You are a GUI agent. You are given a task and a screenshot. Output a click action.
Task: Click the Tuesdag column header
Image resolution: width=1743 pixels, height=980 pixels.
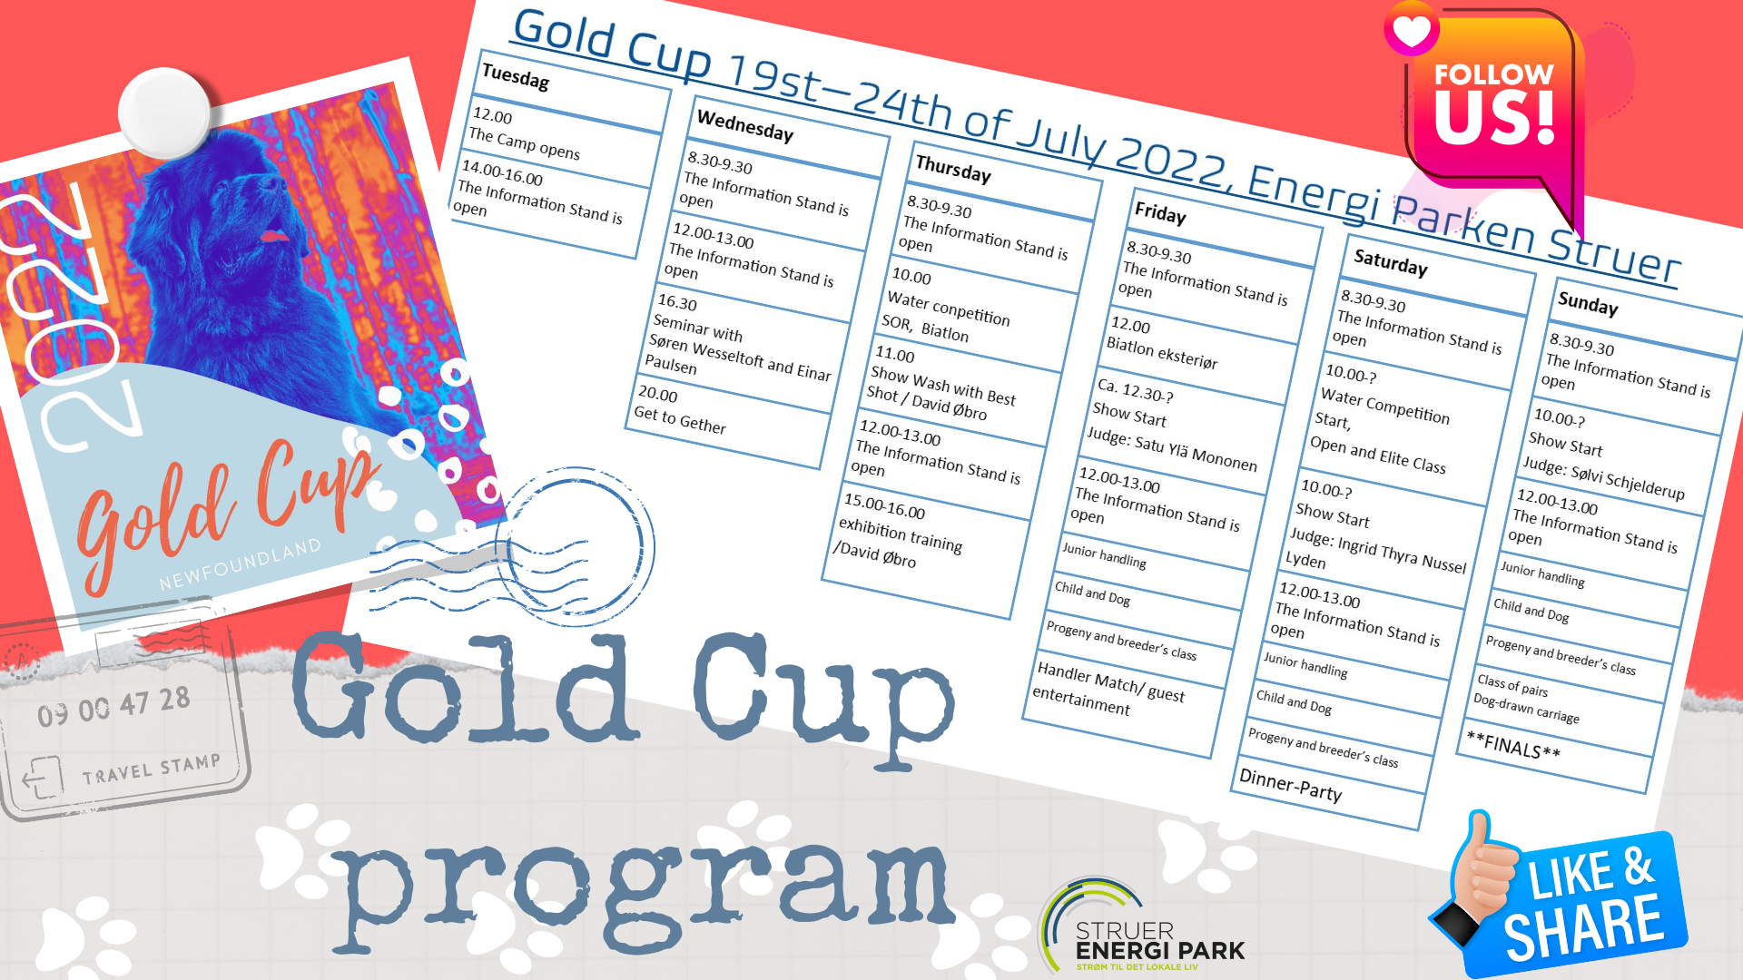pos(516,77)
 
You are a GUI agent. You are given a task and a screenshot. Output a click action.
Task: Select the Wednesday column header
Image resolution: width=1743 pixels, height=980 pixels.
pos(745,125)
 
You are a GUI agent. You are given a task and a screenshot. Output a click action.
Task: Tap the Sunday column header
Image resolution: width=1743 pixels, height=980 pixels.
pos(1588,303)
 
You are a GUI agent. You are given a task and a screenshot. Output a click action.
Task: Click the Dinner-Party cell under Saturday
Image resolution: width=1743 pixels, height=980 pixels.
pos(1290,786)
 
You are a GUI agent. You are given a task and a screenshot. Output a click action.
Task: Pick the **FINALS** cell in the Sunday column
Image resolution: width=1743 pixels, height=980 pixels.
pos(1513,745)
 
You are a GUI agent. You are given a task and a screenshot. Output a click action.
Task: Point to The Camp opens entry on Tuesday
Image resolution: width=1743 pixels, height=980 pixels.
pos(525,143)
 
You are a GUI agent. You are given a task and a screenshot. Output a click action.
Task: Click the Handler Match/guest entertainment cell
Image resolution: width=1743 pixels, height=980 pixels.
pos(1108,689)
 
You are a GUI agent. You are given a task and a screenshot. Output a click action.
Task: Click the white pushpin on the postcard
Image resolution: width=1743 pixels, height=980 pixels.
pos(164,113)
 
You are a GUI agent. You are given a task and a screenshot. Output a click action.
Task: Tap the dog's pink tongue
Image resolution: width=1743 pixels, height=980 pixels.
pos(273,237)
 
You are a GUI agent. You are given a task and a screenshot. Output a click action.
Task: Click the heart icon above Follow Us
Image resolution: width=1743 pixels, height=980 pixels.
pos(1412,29)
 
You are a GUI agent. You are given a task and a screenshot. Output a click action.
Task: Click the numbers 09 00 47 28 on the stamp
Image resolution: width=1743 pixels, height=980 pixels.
pos(113,706)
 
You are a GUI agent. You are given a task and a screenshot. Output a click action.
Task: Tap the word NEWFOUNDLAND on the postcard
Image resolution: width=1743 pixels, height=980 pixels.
pos(241,563)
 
